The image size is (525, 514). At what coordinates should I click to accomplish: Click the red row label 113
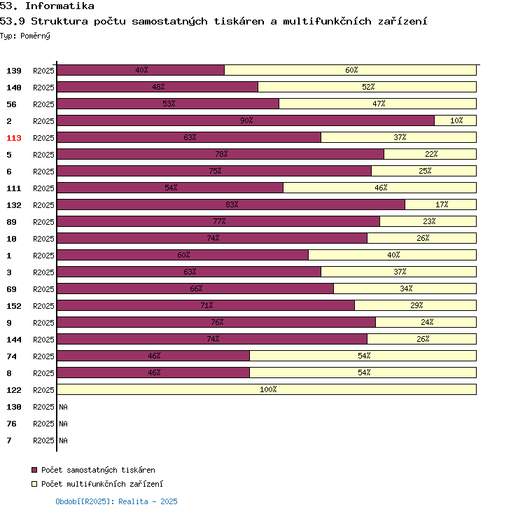[14, 138]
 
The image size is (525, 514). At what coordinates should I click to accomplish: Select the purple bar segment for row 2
[245, 120]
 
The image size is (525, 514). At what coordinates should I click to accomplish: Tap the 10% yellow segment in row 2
[455, 120]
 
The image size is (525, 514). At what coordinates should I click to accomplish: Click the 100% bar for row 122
[267, 389]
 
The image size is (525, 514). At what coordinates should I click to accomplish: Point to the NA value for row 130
[63, 407]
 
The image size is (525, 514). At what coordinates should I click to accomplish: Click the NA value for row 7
[63, 440]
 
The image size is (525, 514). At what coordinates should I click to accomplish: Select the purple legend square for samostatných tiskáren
[34, 470]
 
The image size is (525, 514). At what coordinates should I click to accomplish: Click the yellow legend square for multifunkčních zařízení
[34, 484]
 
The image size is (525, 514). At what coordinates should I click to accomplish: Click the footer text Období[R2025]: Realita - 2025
[116, 501]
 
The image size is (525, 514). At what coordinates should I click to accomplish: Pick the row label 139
[14, 71]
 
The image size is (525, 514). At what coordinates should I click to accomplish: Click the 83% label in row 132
[232, 204]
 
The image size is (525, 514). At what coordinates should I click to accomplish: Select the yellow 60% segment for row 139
[350, 70]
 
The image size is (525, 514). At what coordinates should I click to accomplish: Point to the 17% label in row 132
[441, 204]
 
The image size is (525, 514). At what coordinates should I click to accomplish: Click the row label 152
[14, 306]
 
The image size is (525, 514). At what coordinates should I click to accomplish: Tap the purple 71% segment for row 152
[206, 305]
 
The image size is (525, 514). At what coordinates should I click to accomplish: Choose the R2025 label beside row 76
[43, 424]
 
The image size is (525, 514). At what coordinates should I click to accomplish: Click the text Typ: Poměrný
[25, 35]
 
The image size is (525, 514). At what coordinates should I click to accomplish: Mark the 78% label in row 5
[221, 154]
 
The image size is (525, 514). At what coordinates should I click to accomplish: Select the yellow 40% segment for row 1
[393, 255]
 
